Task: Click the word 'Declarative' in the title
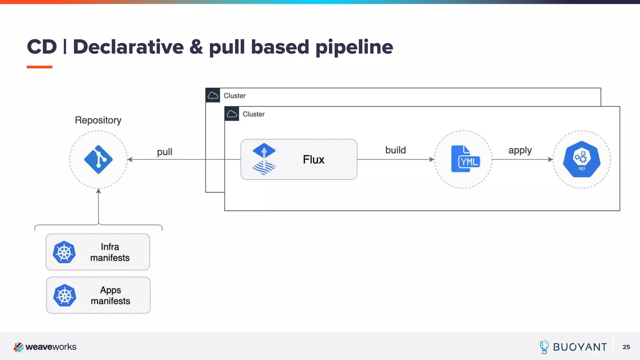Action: point(128,47)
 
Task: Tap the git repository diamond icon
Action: point(98,159)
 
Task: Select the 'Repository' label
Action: point(98,120)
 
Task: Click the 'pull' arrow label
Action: point(164,152)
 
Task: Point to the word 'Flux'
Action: point(313,159)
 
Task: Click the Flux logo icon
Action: point(264,159)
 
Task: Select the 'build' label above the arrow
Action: point(395,150)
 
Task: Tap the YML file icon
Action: point(465,159)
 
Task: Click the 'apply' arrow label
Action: point(520,150)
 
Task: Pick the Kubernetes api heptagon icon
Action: point(582,159)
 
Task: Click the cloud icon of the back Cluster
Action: point(213,95)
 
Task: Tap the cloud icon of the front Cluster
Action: point(232,114)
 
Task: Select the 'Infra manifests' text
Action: point(110,252)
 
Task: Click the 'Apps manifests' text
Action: point(110,295)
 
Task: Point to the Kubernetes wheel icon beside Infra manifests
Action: point(64,252)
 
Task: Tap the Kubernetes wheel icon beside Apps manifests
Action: point(65,295)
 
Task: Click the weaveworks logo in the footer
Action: point(45,347)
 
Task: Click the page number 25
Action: point(626,347)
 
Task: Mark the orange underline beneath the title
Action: point(39,67)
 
